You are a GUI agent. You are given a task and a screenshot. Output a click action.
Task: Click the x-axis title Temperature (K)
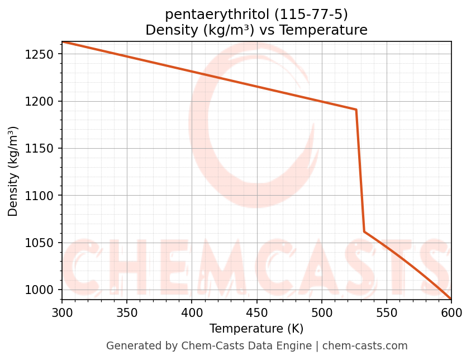pos(256,329)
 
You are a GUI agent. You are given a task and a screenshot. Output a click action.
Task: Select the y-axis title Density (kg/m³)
pos(13,171)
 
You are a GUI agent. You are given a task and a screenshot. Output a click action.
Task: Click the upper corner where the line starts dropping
pos(356,110)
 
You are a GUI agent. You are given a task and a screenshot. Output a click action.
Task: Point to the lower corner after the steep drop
pos(364,231)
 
